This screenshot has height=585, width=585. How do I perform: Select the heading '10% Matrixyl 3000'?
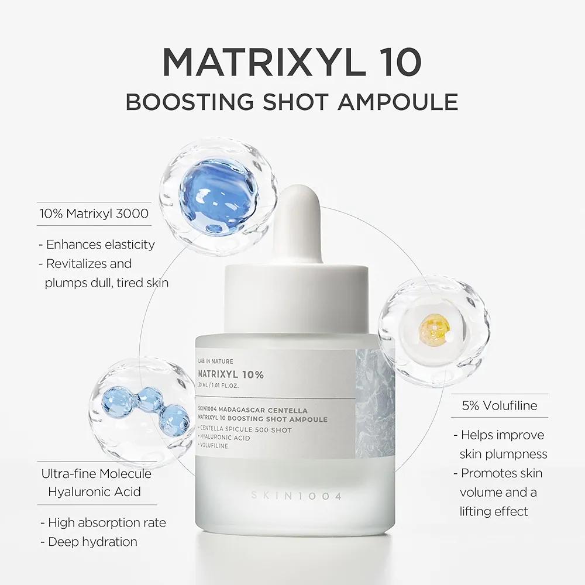point(94,214)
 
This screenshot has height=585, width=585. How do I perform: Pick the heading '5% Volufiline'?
point(500,405)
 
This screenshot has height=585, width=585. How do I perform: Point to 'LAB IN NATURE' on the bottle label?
point(215,362)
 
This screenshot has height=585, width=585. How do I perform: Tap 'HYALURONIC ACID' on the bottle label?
point(225,438)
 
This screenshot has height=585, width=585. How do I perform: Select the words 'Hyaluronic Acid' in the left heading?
point(94,491)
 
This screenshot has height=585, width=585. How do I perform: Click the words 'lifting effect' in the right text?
point(494,511)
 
